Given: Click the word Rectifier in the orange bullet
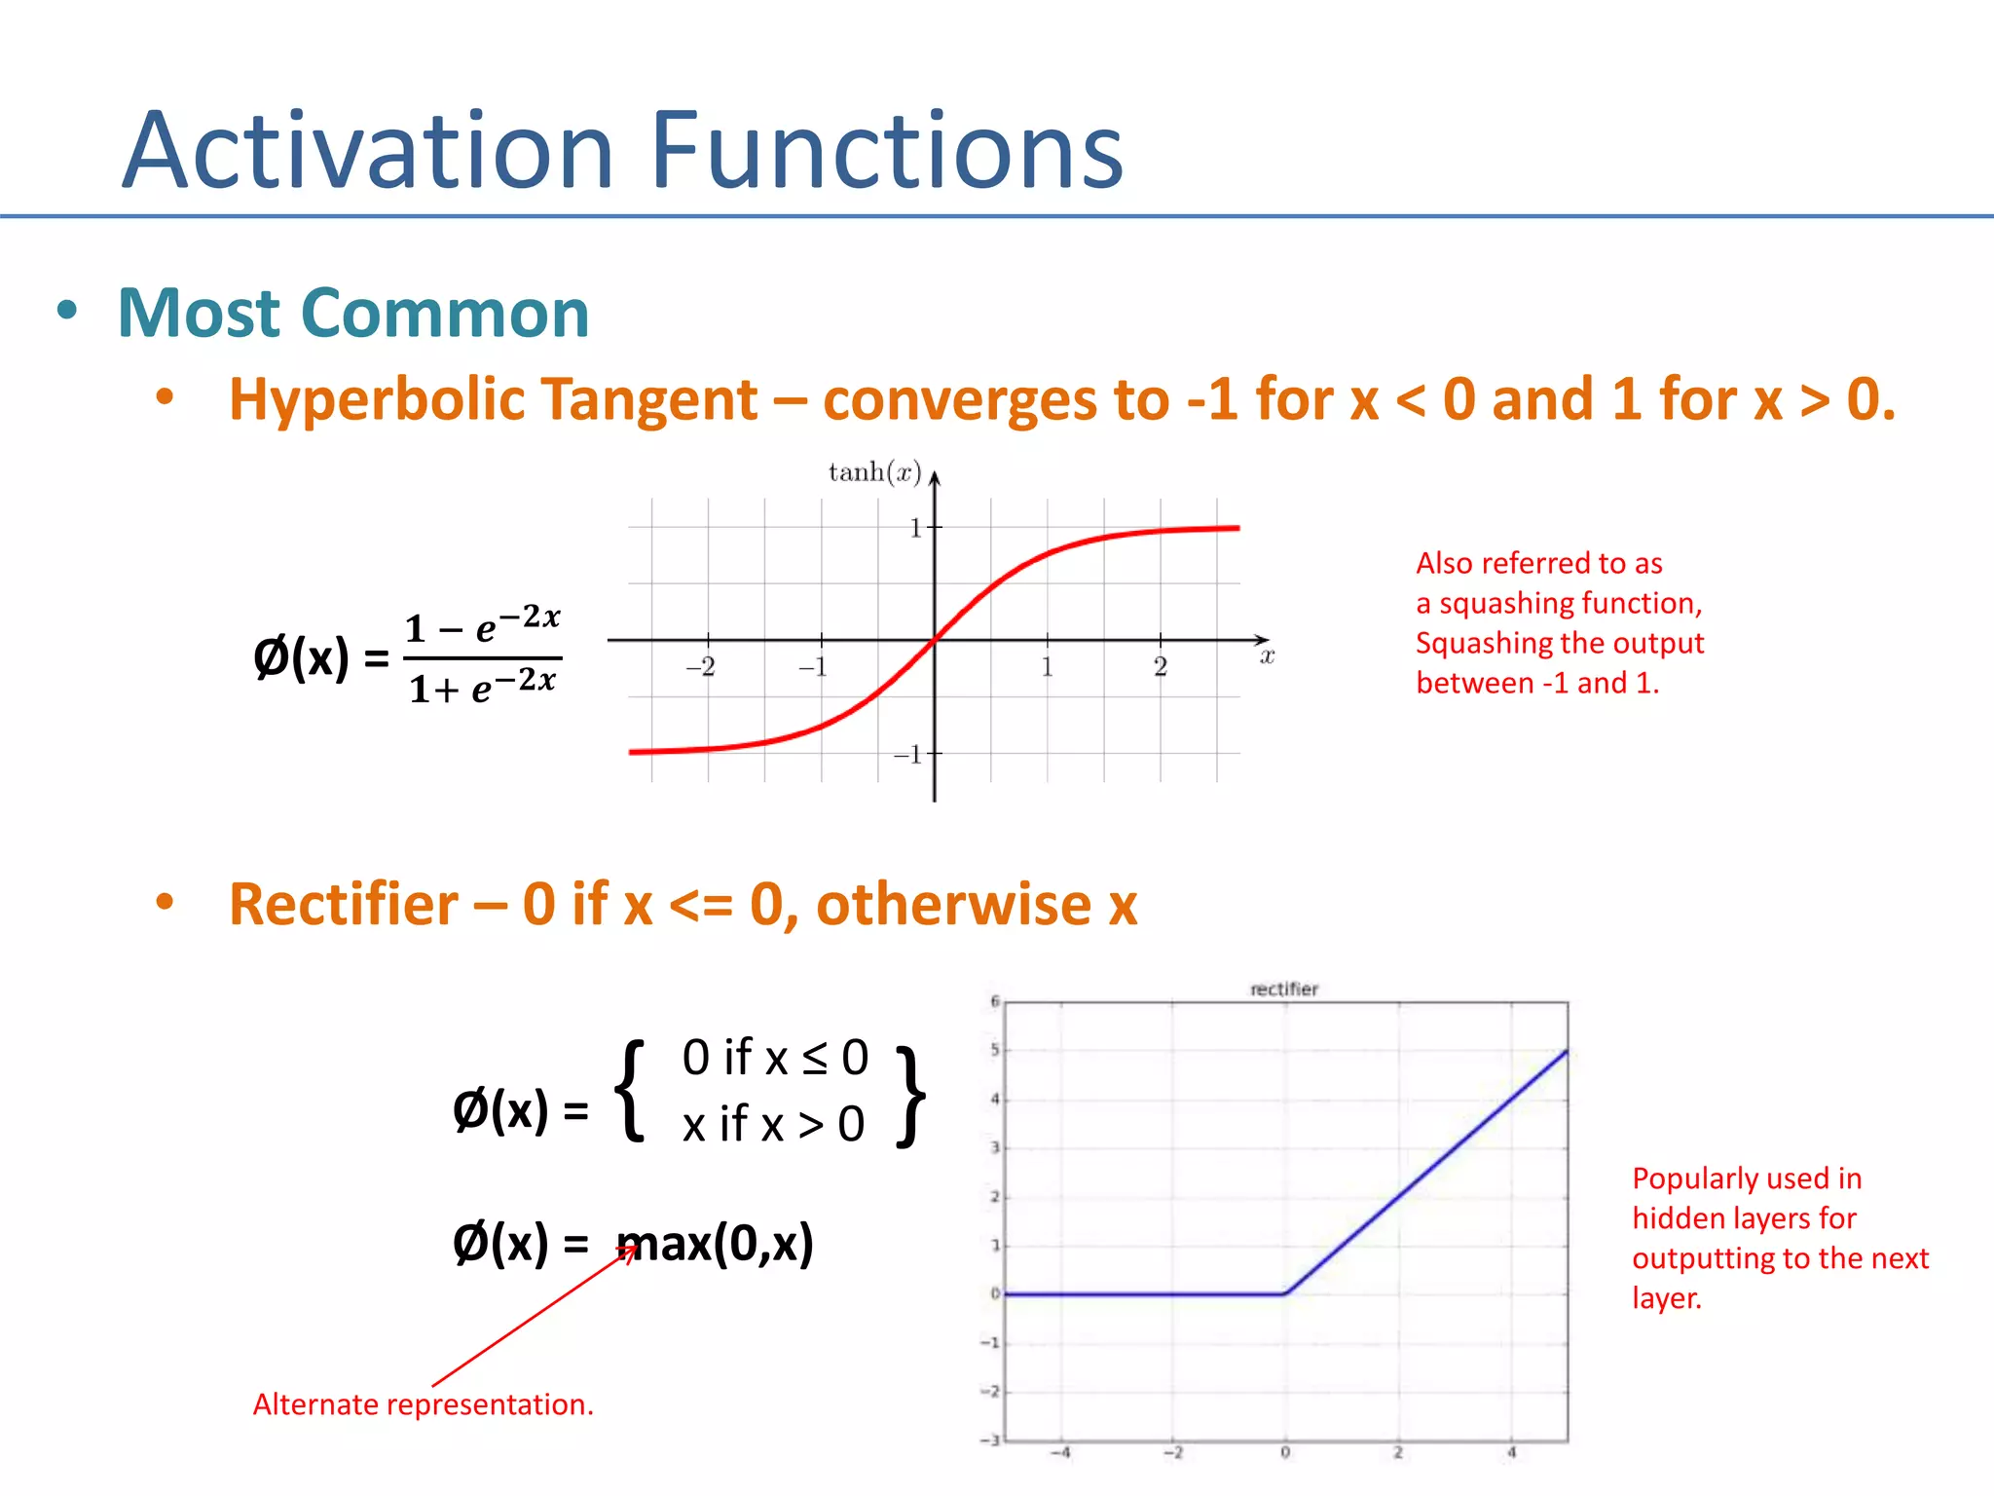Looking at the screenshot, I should (343, 904).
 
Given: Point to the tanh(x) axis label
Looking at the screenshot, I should (873, 472).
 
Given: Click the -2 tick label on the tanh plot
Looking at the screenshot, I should (700, 667).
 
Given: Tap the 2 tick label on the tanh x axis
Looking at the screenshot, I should (1160, 667).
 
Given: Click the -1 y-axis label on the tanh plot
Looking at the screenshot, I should (907, 755).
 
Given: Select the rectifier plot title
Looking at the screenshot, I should (1283, 989).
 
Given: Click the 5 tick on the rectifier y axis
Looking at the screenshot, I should (994, 1050).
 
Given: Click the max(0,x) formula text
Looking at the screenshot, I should (716, 1244).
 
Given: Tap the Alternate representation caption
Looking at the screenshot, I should (423, 1404).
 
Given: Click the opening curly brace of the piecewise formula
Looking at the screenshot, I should (632, 1091).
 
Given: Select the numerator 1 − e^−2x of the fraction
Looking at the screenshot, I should (482, 626).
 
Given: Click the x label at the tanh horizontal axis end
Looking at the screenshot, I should (1267, 657).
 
